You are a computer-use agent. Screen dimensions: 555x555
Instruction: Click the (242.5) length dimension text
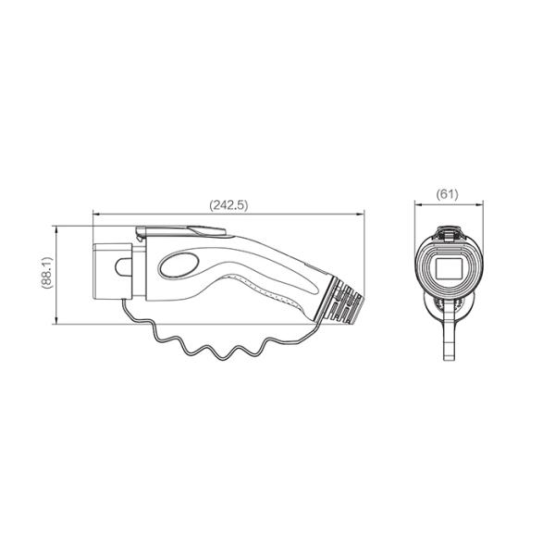(x=228, y=205)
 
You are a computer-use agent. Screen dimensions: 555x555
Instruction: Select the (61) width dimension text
(x=448, y=195)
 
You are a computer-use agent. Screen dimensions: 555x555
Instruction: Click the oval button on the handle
(x=179, y=265)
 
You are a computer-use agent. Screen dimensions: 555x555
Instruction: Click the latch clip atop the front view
(x=448, y=235)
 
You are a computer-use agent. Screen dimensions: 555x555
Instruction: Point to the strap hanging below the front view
(x=450, y=338)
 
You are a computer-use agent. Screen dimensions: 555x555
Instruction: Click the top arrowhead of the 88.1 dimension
(x=56, y=228)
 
